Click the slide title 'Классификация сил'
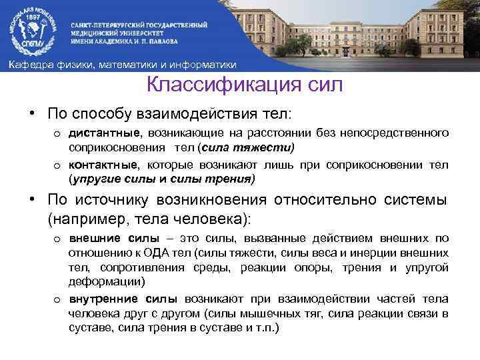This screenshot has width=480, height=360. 245,85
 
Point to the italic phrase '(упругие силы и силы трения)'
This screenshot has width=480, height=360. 162,178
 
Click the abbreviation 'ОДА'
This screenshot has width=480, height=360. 152,253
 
